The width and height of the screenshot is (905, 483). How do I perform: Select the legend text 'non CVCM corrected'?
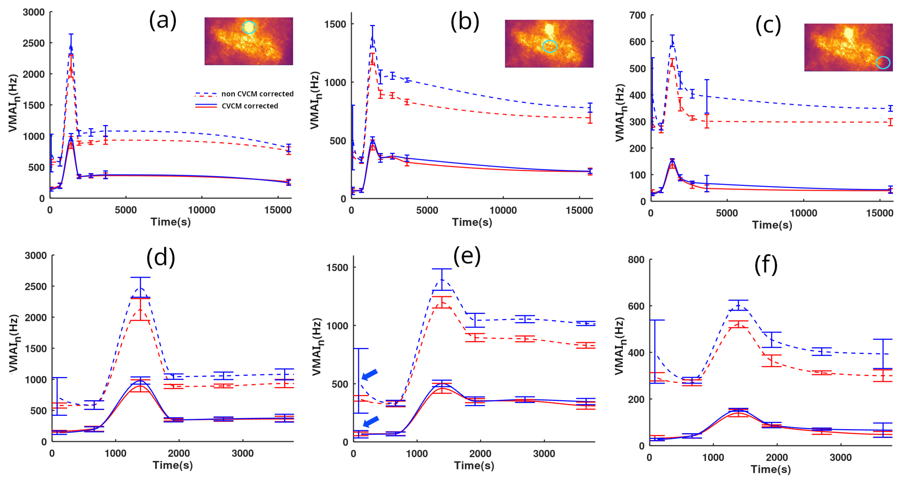click(257, 94)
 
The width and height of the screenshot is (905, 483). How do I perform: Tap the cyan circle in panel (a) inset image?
click(249, 27)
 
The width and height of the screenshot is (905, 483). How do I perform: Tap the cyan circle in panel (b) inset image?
click(550, 46)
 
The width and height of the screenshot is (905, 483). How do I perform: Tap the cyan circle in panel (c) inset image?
click(883, 63)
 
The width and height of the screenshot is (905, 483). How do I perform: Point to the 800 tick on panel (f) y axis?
click(636, 260)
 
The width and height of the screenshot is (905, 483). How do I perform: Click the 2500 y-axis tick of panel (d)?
click(35, 286)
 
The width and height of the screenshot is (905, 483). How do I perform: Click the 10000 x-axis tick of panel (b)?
click(503, 210)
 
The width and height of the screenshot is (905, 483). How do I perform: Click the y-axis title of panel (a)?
click(13, 103)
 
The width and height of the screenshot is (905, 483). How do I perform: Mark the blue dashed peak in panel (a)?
click(71, 45)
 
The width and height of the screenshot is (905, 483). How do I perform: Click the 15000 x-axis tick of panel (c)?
click(879, 213)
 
